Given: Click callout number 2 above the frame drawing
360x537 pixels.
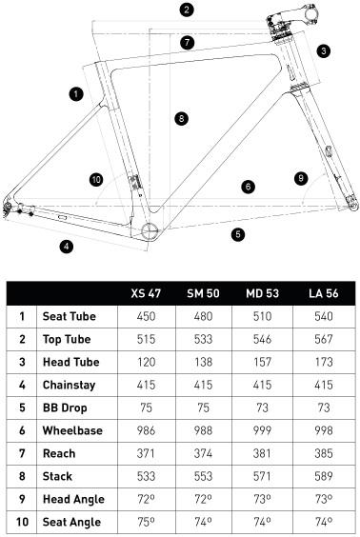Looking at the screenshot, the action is [187, 10].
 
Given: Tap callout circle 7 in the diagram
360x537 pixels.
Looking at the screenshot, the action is [187, 42].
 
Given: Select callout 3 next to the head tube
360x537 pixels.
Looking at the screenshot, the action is [324, 50].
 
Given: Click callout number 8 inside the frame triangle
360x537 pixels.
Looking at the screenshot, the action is [181, 118].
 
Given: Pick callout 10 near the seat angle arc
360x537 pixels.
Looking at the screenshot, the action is [95, 179].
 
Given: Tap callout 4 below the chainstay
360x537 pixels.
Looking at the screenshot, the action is [66, 247].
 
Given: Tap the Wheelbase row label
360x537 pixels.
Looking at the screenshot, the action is [73, 430].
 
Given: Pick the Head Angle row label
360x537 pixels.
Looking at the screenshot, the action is [74, 498].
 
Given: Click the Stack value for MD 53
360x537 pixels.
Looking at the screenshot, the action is [259, 475].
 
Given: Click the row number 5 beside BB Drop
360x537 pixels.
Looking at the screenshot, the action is [22, 408].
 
